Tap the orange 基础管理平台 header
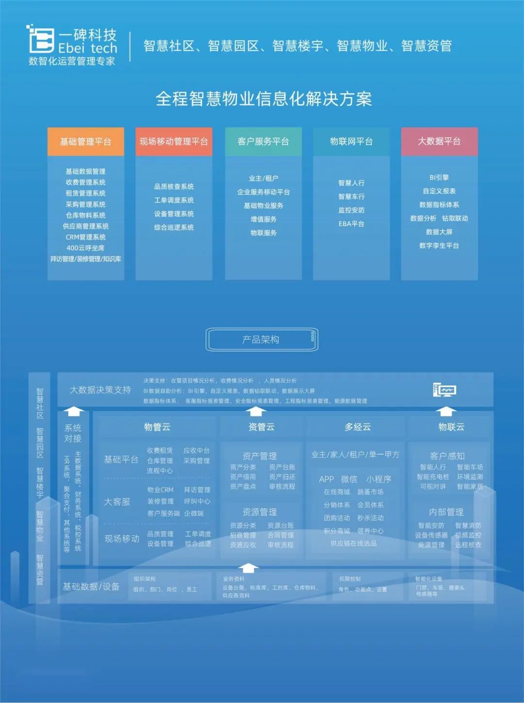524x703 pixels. [x=86, y=142]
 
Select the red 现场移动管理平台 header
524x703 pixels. [x=174, y=142]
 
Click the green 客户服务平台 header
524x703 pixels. [x=263, y=142]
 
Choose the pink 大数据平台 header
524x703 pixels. [x=439, y=141]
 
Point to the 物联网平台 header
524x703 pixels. [x=351, y=142]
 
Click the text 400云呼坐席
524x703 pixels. [x=85, y=248]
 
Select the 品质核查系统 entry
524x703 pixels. [x=174, y=187]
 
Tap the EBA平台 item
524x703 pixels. [x=351, y=224]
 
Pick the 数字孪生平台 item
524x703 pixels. [x=439, y=245]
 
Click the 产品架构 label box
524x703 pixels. [x=262, y=340]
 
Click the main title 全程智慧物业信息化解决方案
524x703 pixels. [x=263, y=99]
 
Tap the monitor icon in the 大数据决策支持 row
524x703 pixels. [x=444, y=390]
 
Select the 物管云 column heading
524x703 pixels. [x=157, y=427]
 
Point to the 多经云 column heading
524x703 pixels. [x=358, y=427]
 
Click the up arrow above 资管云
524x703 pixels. [x=255, y=412]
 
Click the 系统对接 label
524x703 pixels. [x=73, y=433]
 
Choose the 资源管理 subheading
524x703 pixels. [x=260, y=512]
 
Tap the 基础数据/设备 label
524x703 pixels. [x=91, y=587]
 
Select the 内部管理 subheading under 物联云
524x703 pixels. [x=446, y=512]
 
